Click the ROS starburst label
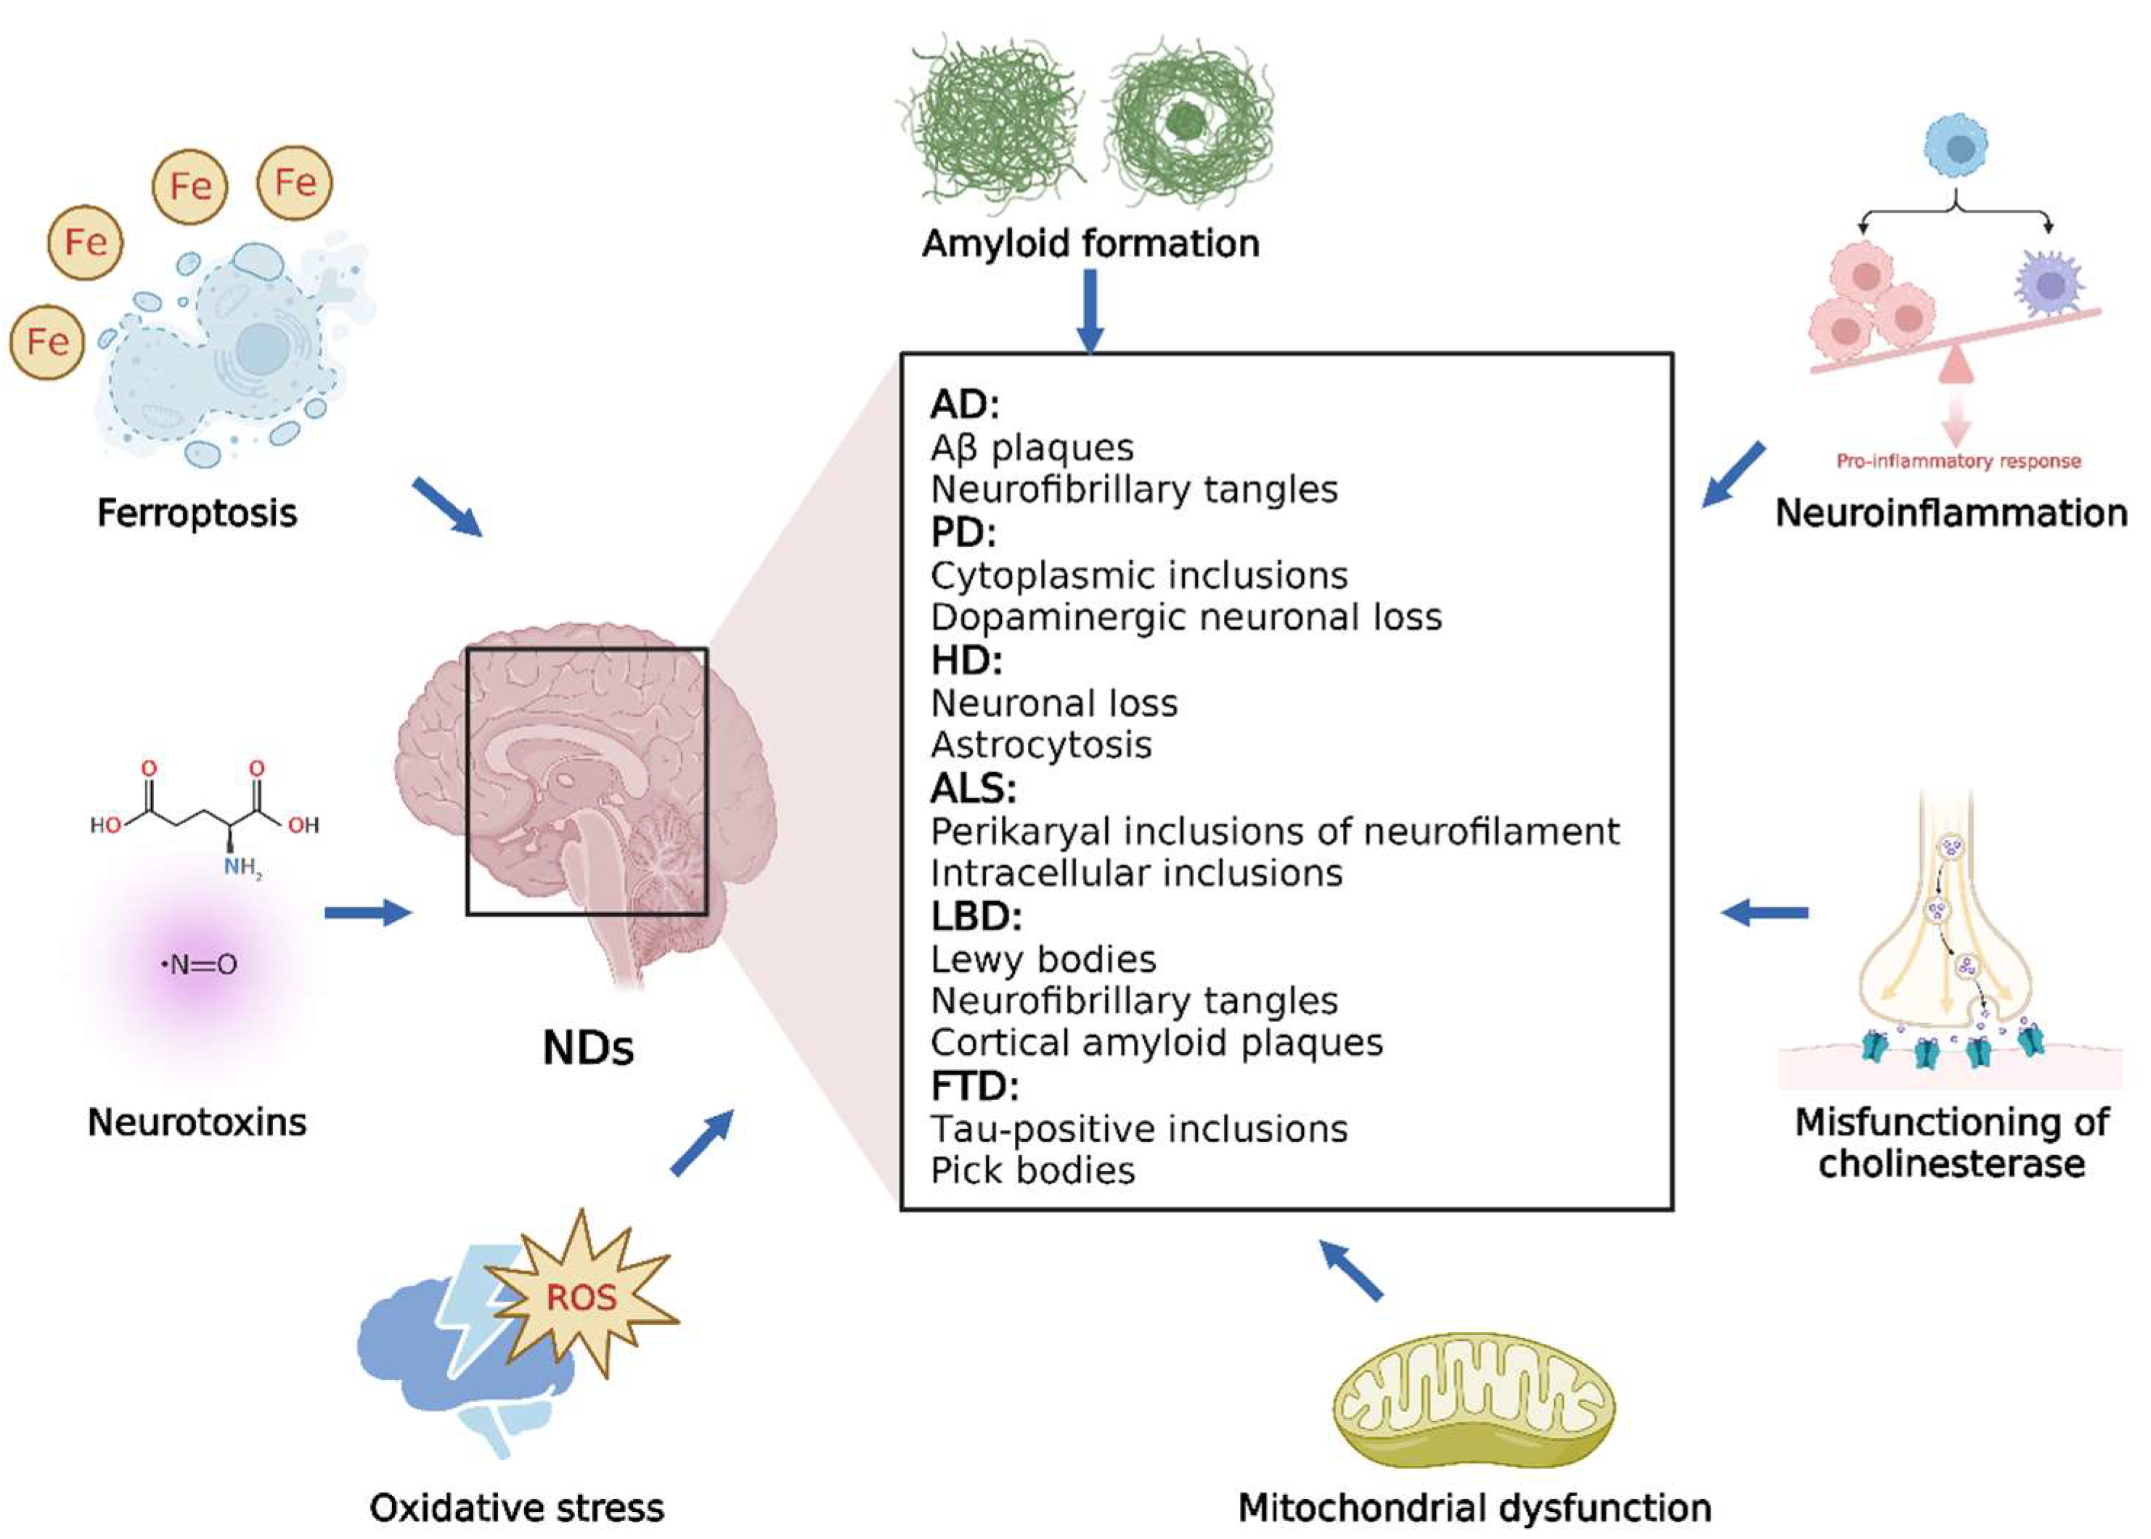(x=580, y=1297)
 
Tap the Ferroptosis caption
(x=197, y=513)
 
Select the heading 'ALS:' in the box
(x=973, y=787)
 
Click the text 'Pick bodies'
(x=1032, y=1170)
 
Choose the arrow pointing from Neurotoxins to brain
(x=368, y=913)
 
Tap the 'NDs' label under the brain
(x=588, y=1048)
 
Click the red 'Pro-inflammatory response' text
(x=1958, y=461)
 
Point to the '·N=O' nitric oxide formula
(x=199, y=965)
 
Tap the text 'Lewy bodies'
(x=1042, y=959)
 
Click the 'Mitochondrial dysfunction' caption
(x=1474, y=1508)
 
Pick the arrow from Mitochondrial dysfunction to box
(x=1352, y=1270)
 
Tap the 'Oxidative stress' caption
(x=517, y=1508)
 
